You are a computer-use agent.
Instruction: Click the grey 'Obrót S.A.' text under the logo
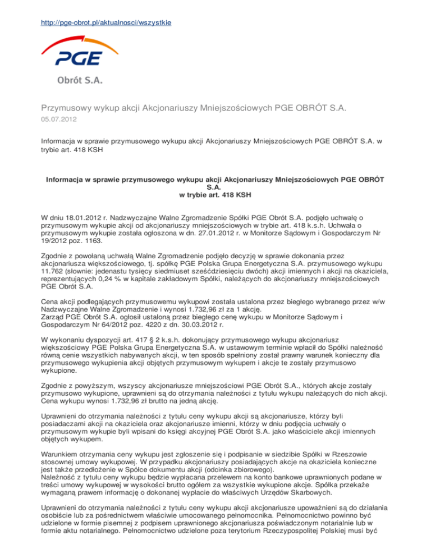pyautogui.click(x=78, y=80)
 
